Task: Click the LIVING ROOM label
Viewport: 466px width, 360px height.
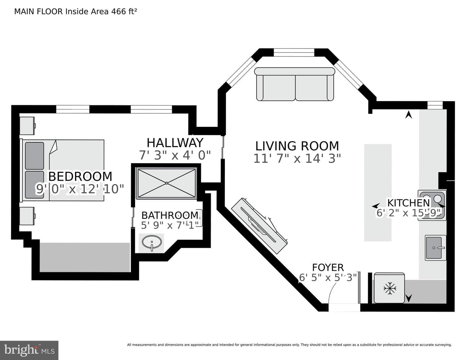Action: [x=297, y=146]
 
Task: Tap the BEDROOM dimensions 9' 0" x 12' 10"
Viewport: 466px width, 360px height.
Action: [x=80, y=189]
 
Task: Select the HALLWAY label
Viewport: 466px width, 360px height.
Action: [x=175, y=143]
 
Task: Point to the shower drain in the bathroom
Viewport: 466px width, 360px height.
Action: [x=167, y=183]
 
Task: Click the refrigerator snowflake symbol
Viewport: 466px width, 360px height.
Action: [x=390, y=288]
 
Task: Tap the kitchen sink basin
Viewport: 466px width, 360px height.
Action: [x=434, y=248]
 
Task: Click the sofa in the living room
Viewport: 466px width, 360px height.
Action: [x=295, y=84]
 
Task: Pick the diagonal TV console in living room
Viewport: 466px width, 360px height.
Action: [x=259, y=226]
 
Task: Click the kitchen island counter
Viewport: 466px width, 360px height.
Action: [x=378, y=192]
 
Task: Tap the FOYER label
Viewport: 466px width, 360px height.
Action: [x=328, y=267]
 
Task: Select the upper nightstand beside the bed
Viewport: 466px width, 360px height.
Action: [x=27, y=126]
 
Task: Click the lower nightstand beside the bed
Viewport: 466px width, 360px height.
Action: [x=27, y=216]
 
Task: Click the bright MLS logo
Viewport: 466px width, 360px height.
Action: [x=29, y=350]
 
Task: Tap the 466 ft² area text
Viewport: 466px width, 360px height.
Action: [x=124, y=11]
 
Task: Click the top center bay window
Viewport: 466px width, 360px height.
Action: [x=294, y=52]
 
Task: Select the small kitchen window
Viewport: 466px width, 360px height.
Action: [x=435, y=105]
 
